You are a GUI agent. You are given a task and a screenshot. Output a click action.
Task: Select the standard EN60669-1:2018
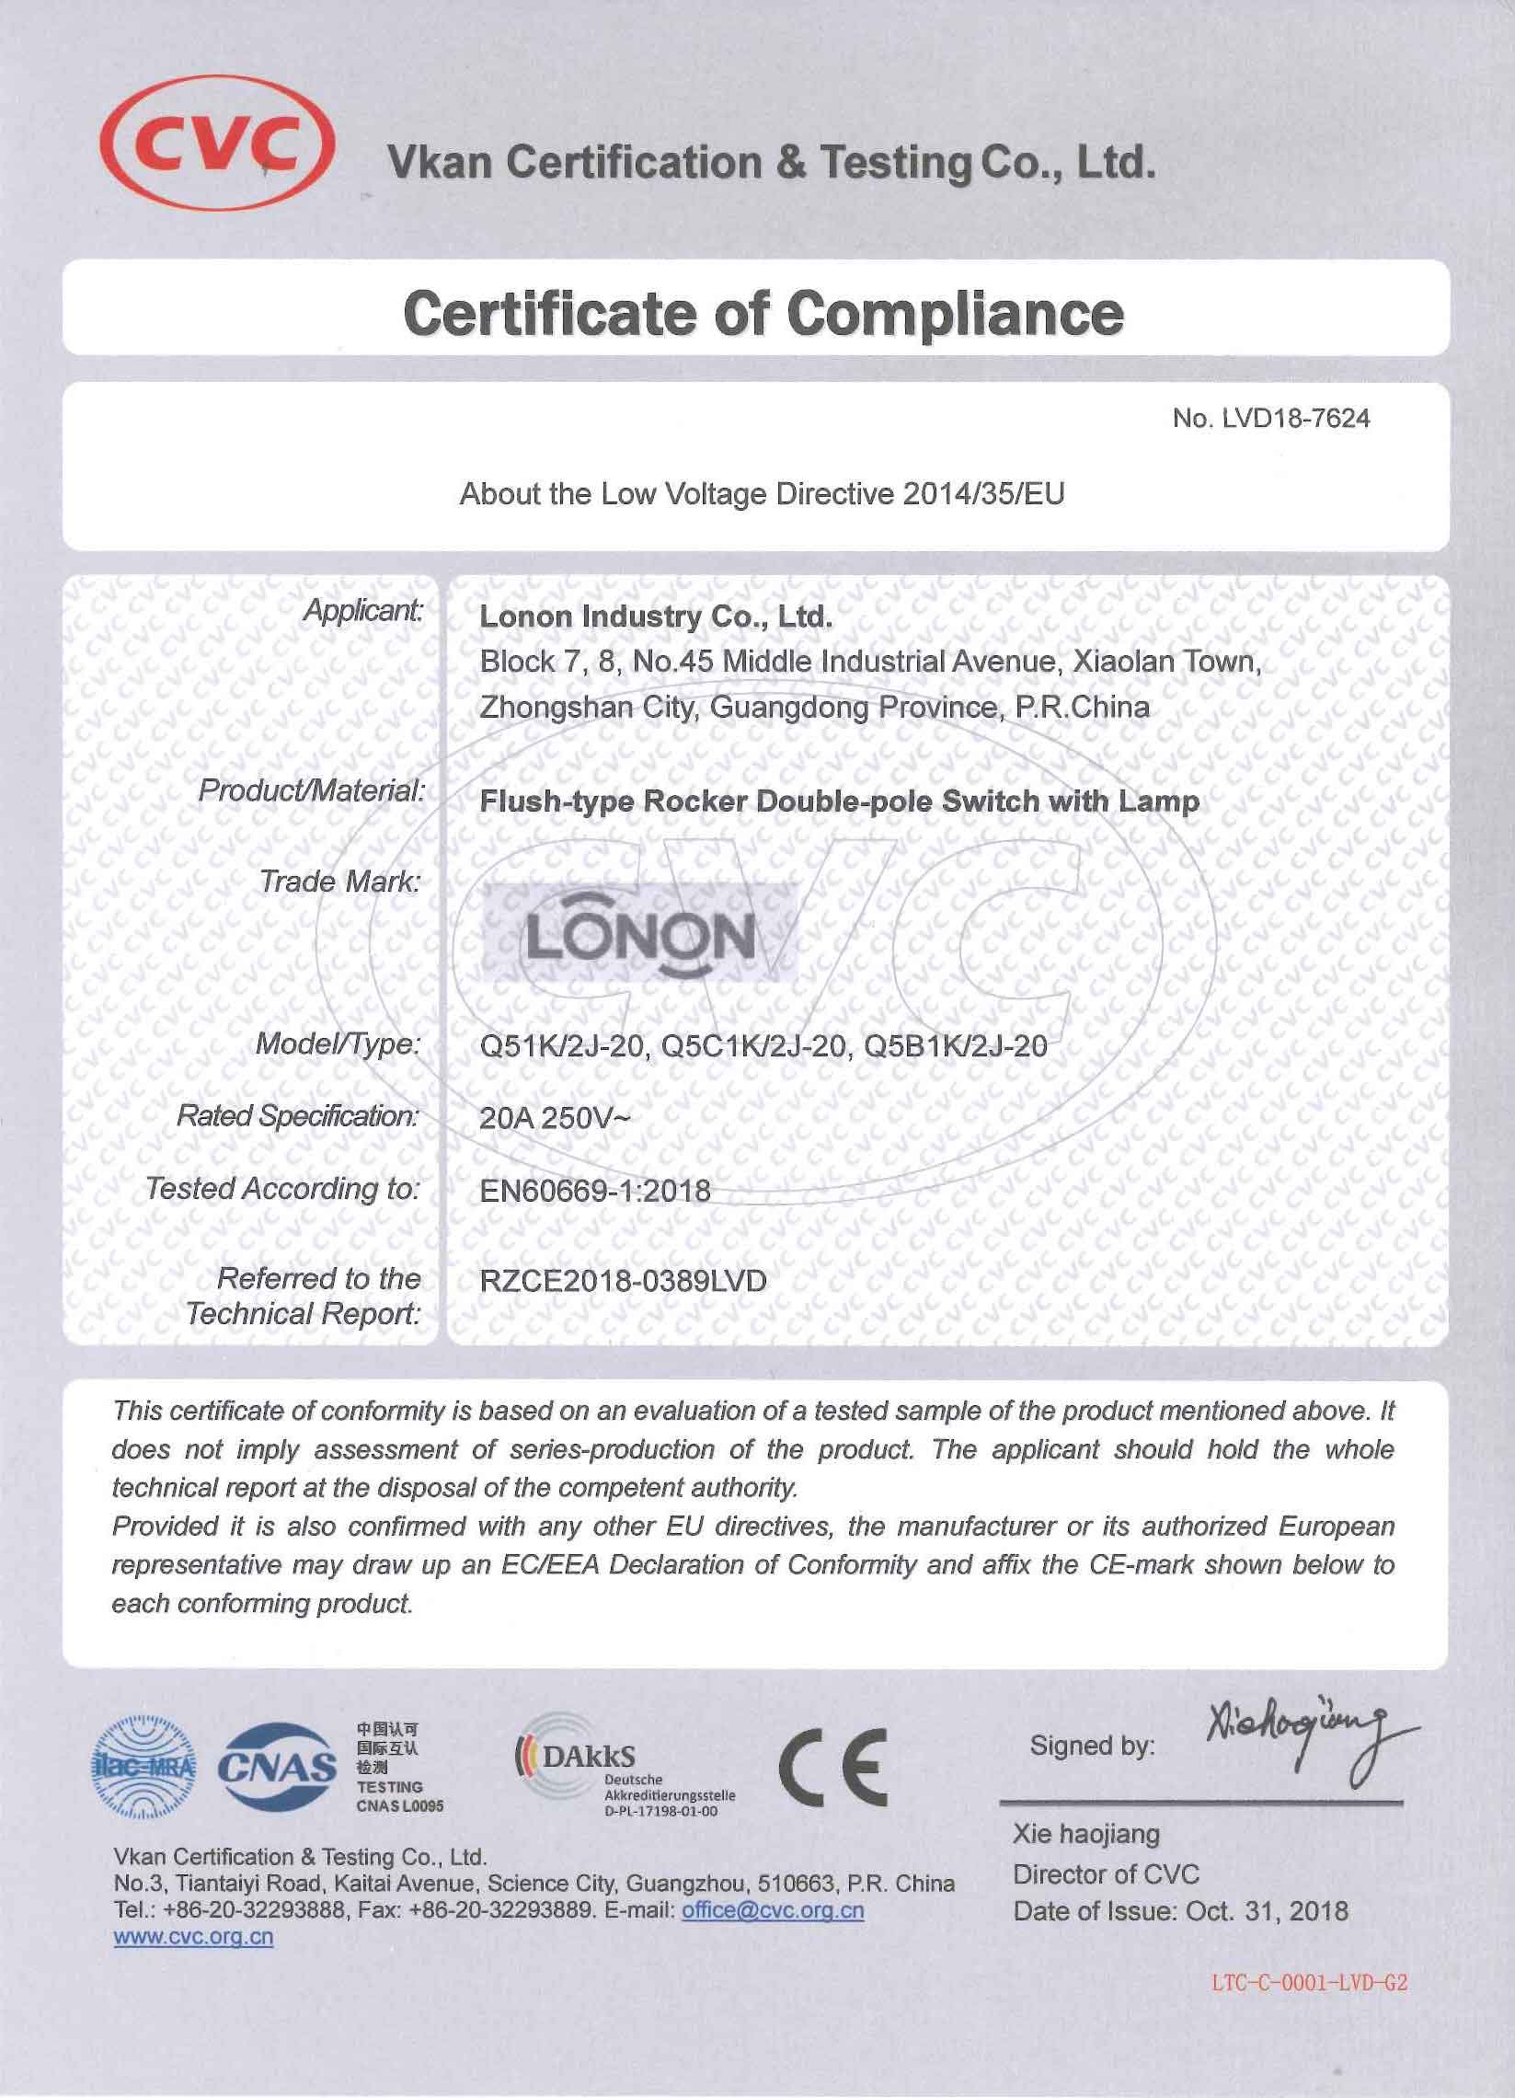595,1190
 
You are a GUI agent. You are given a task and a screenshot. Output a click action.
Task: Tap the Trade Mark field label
339,882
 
